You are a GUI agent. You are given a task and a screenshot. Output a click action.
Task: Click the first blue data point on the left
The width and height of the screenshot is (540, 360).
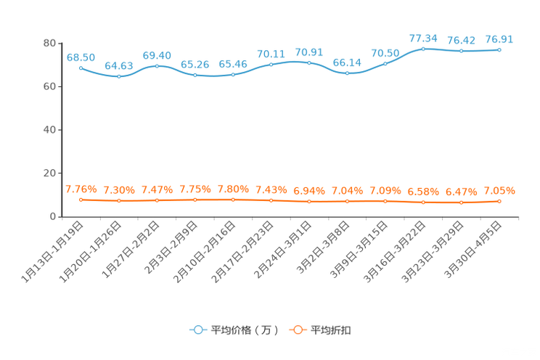pos(81,67)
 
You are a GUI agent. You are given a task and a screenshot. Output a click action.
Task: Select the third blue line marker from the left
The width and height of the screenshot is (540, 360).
pos(157,66)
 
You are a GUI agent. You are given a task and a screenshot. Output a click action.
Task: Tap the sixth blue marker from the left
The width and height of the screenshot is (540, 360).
pos(271,65)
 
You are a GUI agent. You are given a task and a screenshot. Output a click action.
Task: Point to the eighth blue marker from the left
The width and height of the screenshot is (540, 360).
pos(348,73)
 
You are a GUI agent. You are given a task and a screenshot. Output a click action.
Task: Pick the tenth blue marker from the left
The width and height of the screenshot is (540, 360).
pos(423,49)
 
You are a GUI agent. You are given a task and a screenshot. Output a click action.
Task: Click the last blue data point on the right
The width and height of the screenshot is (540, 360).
pos(499,49)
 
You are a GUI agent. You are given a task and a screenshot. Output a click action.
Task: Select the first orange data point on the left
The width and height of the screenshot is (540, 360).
pos(81,199)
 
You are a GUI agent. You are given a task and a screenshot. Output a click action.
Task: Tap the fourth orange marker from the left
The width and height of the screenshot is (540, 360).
pos(195,199)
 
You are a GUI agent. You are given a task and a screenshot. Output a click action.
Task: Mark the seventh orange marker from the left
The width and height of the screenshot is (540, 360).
pos(309,201)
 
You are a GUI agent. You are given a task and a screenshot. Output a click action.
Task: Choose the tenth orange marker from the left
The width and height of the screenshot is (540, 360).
pos(423,202)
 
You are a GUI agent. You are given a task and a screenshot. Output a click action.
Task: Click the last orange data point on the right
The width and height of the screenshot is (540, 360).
pos(499,201)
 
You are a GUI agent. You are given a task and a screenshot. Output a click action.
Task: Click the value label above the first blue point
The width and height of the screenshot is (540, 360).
pos(81,57)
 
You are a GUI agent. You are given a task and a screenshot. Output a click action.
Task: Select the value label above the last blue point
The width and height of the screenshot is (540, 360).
pos(499,38)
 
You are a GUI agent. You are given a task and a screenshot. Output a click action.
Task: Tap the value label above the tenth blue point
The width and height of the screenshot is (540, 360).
pos(423,38)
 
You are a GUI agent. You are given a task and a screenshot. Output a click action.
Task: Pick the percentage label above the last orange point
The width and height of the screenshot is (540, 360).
pos(499,191)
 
